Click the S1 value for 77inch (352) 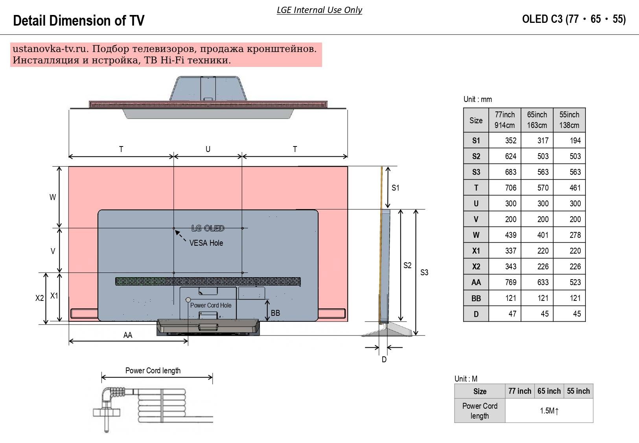point(510,141)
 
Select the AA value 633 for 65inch point(543,282)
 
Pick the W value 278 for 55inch point(575,235)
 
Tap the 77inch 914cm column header point(505,120)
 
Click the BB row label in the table point(476,298)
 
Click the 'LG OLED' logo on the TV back point(208,228)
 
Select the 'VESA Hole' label point(206,243)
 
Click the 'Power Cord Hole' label point(211,305)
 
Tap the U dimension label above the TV point(208,149)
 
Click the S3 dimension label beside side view point(424,272)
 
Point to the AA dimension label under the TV point(128,335)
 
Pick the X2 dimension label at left point(39,298)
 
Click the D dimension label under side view point(384,360)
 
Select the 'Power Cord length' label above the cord point(153,371)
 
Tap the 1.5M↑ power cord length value point(549,411)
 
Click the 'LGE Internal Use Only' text point(319,10)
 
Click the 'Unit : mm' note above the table point(477,99)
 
